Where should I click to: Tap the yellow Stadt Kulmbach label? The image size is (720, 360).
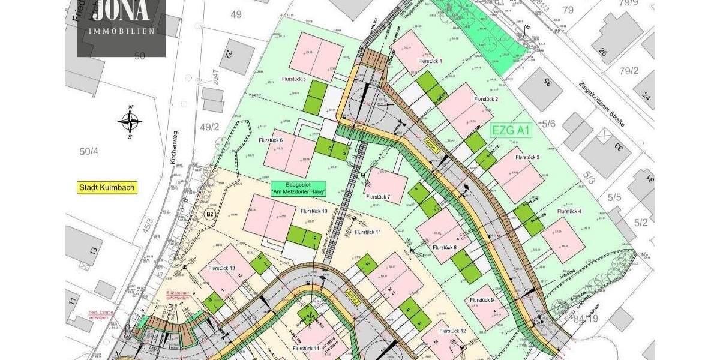point(108,188)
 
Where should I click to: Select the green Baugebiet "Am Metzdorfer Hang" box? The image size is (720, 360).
point(298,188)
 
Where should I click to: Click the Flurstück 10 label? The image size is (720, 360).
point(314,211)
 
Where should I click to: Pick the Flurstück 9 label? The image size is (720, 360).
point(481,300)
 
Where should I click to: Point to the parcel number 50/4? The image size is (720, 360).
point(88,151)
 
